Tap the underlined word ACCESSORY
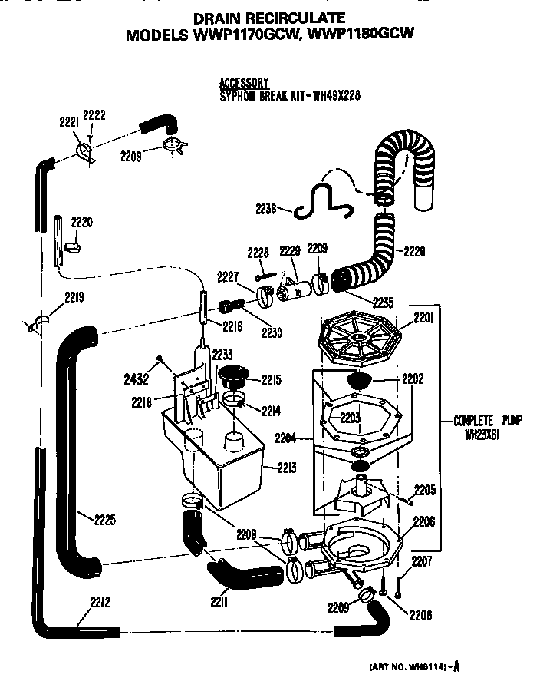(243, 83)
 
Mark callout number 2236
(268, 207)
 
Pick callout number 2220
(81, 223)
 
